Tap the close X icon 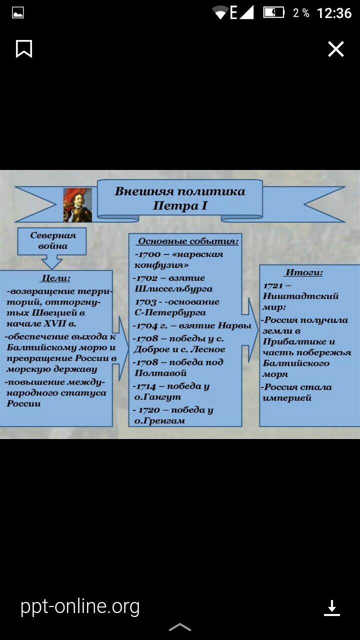tap(335, 49)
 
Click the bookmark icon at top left tap(24, 49)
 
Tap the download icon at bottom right tap(331, 607)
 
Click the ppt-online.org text tap(80, 606)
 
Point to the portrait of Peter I tap(77, 204)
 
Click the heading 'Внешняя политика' tap(180, 191)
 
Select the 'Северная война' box tap(52, 240)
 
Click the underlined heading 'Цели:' tap(55, 278)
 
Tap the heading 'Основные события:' tap(188, 241)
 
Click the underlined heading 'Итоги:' tap(304, 273)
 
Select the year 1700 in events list tap(148, 254)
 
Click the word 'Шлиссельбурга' tap(173, 288)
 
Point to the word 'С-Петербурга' tap(170, 312)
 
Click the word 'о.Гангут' tap(157, 396)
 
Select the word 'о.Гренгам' tap(159, 420)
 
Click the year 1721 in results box tap(273, 285)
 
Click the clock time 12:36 tap(334, 13)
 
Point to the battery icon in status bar tap(273, 12)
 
